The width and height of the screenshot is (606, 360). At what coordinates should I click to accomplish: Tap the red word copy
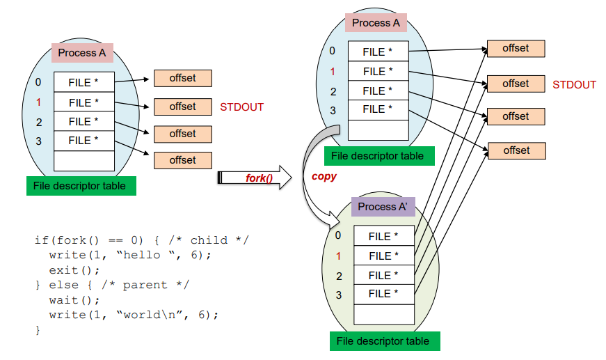point(324,176)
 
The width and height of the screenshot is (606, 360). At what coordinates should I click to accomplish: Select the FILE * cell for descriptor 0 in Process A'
point(383,236)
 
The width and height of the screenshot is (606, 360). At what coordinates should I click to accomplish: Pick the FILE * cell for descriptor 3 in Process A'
point(383,294)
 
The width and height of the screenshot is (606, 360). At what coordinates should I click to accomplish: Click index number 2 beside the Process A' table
point(339,276)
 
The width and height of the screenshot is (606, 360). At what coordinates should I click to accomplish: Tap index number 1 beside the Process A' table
point(339,256)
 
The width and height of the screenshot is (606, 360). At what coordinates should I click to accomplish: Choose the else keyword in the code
point(63,285)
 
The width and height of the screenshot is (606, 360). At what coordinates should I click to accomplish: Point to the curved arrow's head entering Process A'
point(337,221)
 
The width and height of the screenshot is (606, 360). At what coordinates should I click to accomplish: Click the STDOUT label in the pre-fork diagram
point(241,107)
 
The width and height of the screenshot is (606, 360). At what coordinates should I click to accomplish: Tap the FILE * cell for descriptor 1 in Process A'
point(383,256)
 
